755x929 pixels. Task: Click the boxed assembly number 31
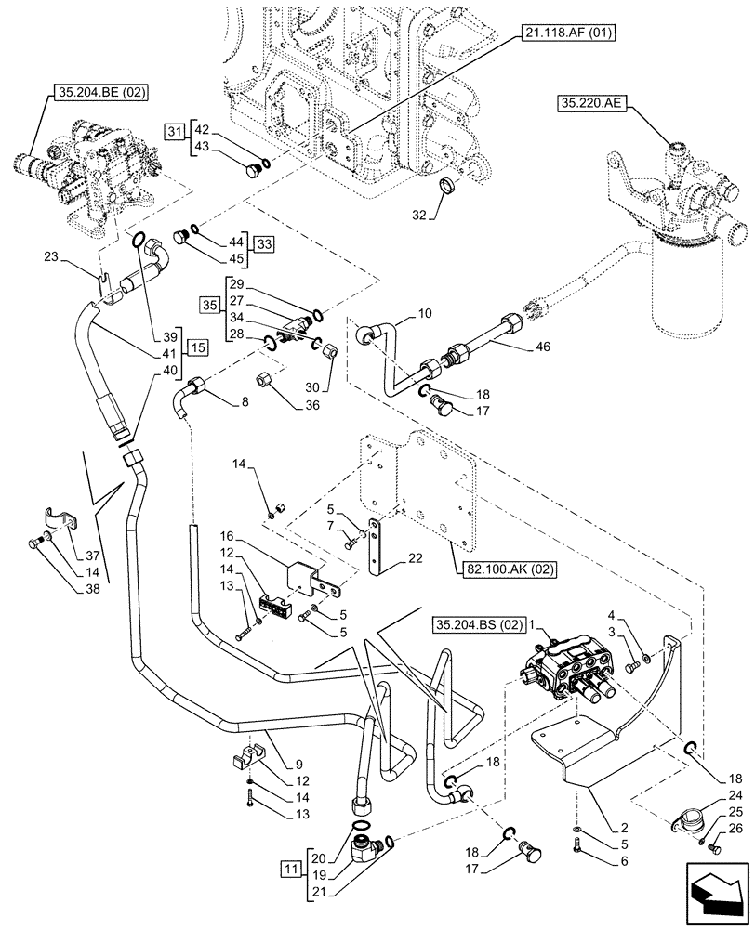point(176,131)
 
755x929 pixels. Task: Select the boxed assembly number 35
point(210,304)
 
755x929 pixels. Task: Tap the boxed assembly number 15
point(197,347)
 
